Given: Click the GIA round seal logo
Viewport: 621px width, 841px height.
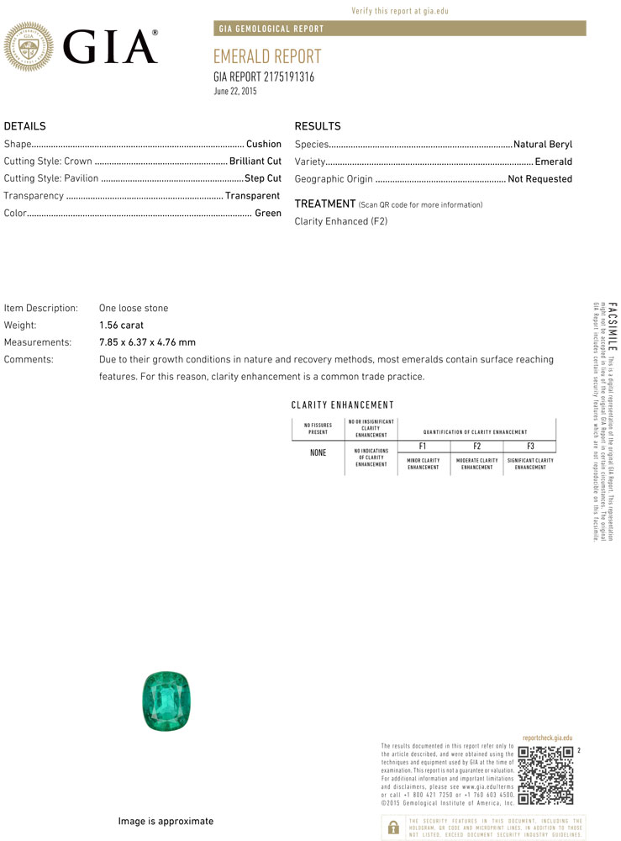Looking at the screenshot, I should (x=29, y=45).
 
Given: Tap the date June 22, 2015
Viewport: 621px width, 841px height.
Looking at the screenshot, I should (x=235, y=91).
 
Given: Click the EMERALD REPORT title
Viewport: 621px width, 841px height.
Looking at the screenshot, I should (x=267, y=56).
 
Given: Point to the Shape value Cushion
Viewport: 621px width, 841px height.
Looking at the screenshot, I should (x=263, y=144).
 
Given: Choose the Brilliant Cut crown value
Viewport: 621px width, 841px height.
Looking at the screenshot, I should (x=255, y=161).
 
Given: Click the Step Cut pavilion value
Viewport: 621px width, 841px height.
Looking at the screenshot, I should (x=262, y=178).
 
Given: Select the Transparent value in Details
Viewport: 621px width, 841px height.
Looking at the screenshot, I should (x=252, y=196).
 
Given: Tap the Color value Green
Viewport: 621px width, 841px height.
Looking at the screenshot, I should (x=268, y=213).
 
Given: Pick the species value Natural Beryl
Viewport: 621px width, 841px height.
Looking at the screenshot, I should (x=542, y=144).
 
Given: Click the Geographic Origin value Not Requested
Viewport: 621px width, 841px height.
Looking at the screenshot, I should (x=539, y=178).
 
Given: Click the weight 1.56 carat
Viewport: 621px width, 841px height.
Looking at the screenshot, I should (x=121, y=325).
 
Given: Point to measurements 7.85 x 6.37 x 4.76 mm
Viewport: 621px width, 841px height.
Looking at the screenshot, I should (x=147, y=342).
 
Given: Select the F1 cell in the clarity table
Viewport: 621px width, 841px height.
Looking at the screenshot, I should (x=423, y=446).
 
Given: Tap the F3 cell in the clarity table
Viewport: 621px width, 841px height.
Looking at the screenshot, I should (x=530, y=446).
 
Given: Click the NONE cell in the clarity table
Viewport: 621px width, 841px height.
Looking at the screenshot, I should (x=318, y=452).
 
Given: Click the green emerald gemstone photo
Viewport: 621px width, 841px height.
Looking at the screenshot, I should (x=166, y=701).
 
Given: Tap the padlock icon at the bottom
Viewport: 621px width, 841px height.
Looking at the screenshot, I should (x=392, y=828).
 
